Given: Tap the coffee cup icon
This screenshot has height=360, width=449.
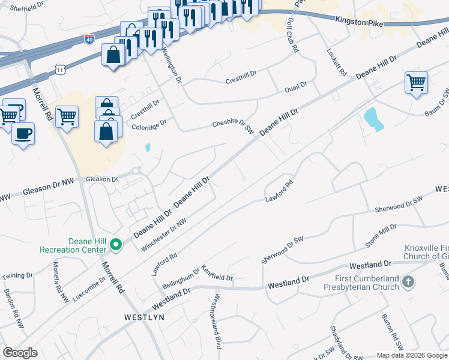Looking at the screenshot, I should tap(23, 133).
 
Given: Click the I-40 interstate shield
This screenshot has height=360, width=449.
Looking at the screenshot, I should tap(89, 39).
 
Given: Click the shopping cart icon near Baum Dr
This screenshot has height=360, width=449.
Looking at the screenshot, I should tap(416, 82).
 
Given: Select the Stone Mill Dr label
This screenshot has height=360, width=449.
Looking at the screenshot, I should tap(381, 236).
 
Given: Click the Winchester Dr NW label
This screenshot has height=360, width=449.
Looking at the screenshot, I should tap(164, 235).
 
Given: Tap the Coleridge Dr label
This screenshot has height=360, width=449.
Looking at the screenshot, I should tap(149, 124).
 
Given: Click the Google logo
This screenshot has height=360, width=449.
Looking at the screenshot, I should tap(20, 353).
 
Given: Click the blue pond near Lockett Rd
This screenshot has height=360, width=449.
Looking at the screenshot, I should tap(373, 118).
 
